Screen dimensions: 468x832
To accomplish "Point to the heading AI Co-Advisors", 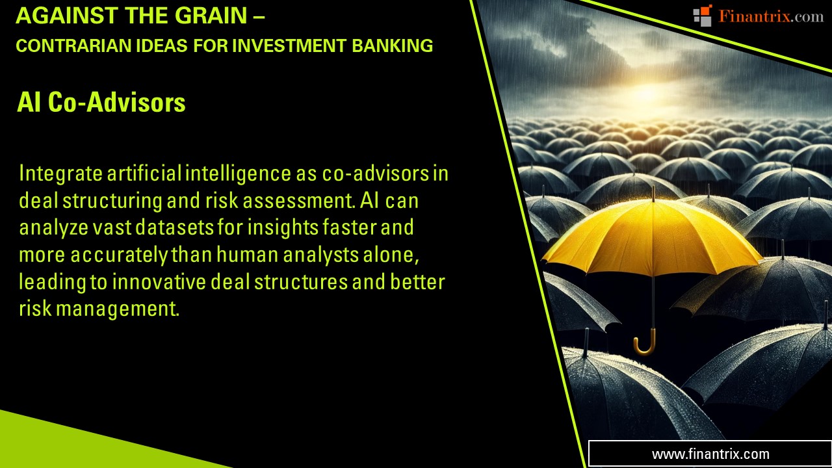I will [101, 103].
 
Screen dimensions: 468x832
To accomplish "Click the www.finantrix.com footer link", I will [710, 454].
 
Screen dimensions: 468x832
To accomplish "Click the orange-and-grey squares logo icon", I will [703, 16].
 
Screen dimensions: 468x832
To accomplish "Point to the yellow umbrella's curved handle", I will [645, 345].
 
